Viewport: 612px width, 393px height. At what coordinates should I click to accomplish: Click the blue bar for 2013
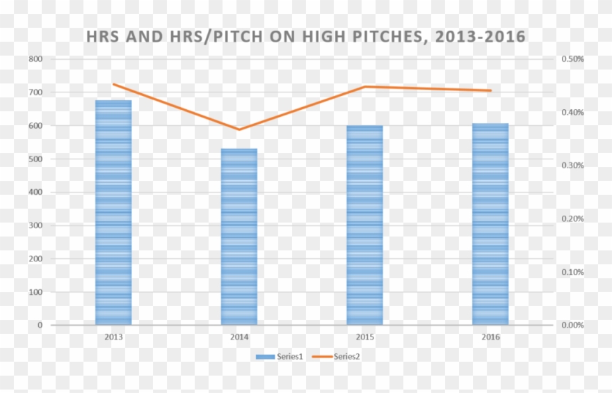coord(113,212)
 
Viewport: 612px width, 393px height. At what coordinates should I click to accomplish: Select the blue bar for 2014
coord(239,236)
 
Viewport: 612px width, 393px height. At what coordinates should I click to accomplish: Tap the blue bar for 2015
coord(364,225)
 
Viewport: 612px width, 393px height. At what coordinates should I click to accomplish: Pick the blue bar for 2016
coord(490,224)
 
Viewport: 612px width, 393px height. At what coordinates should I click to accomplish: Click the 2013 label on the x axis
coord(113,337)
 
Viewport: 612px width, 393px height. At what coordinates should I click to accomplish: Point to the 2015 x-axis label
coord(364,337)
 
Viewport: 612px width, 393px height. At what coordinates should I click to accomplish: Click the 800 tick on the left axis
coord(35,59)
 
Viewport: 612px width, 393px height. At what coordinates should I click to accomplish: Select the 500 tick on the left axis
coord(35,159)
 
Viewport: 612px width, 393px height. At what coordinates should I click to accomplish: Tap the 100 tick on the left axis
coord(35,292)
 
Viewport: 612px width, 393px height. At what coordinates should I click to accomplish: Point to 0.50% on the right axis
coord(572,59)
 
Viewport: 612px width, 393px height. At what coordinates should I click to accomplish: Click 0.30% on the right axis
coord(572,166)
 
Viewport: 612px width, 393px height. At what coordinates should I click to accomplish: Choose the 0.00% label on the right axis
coord(572,325)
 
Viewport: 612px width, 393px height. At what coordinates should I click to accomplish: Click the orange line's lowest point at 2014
coord(239,129)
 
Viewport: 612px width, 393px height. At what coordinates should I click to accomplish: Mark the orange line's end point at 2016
coord(490,90)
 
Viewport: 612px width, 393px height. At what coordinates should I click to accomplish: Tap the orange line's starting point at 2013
coord(113,84)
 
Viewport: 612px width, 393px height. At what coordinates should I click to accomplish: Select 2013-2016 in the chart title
coord(480,36)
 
